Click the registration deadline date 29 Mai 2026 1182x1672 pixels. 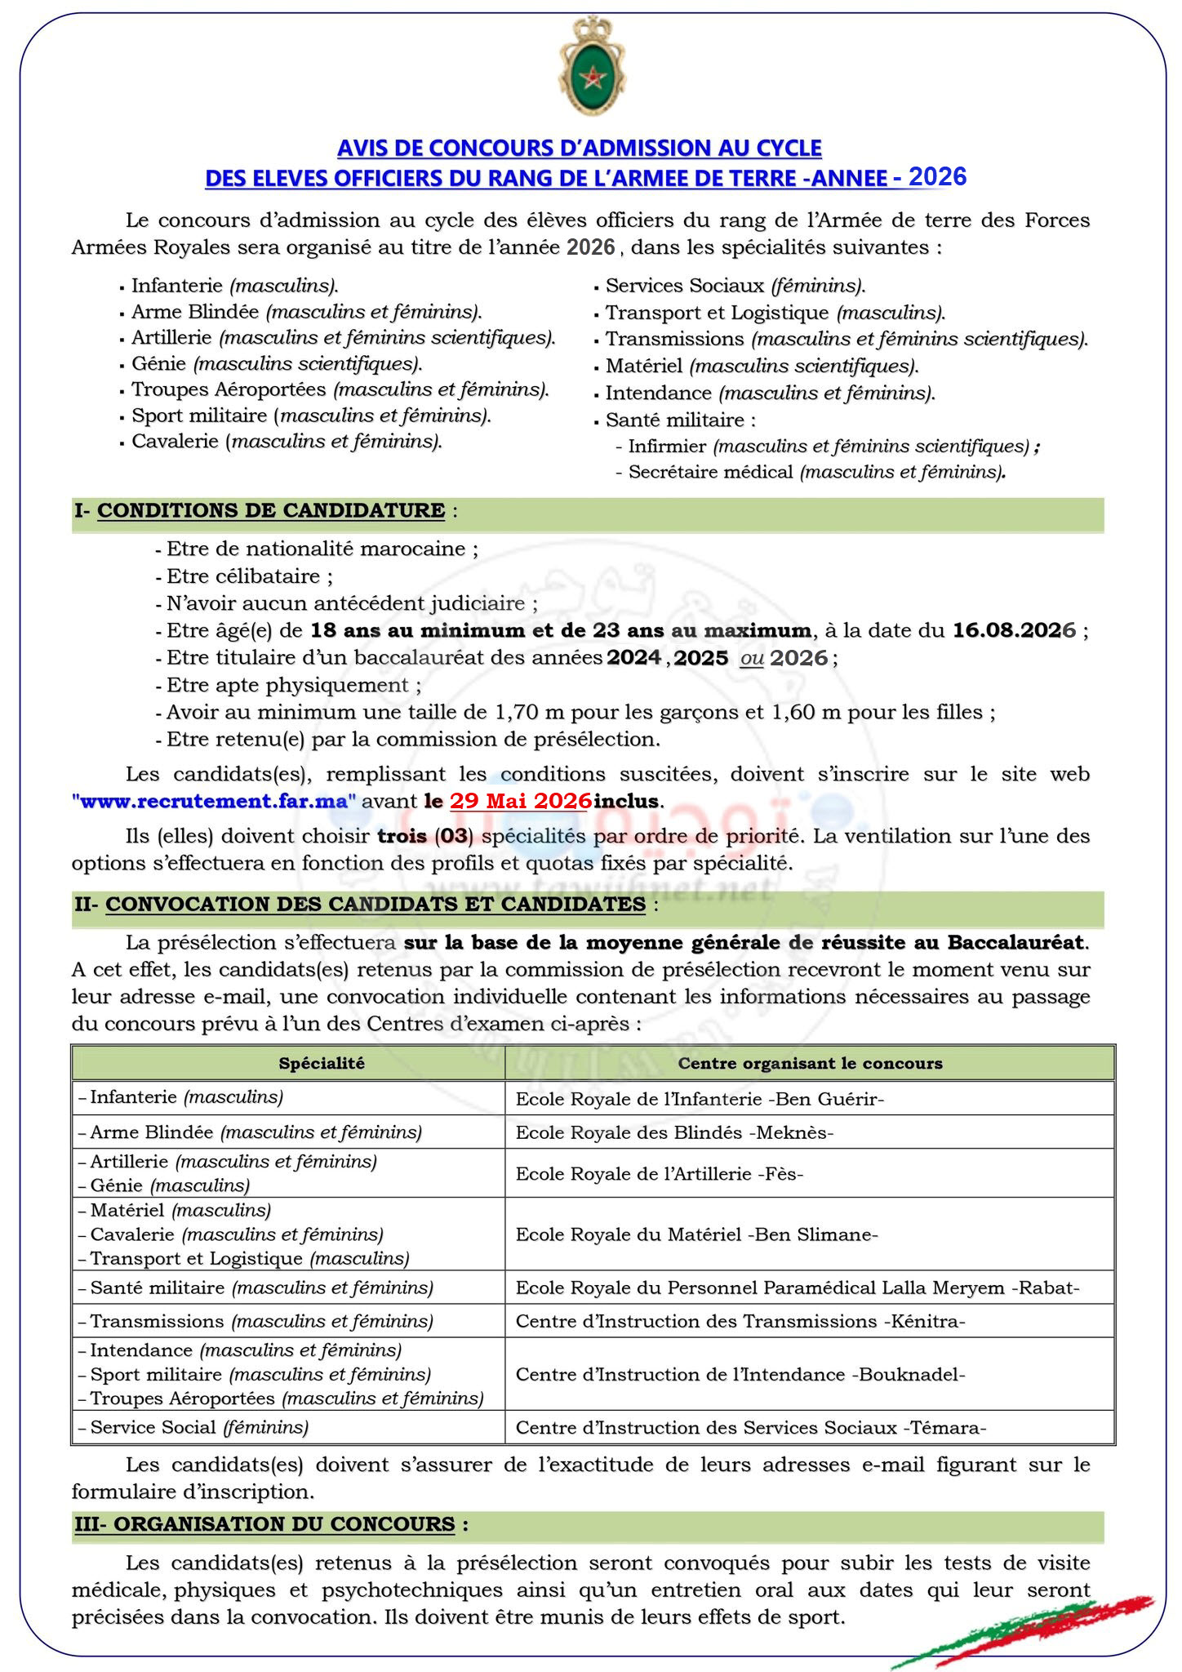click(x=520, y=801)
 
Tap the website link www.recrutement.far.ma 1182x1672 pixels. click(x=214, y=801)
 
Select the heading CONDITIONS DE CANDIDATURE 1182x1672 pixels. click(x=271, y=511)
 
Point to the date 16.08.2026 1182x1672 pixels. click(x=1014, y=631)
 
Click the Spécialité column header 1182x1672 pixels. click(x=322, y=1063)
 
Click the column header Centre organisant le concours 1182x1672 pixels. click(x=810, y=1063)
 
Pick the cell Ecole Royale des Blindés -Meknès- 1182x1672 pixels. click(x=674, y=1132)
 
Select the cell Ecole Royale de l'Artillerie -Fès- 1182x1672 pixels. click(x=660, y=1174)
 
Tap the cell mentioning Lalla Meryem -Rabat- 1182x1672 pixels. click(x=798, y=1287)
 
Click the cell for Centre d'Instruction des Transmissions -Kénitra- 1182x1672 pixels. click(x=740, y=1321)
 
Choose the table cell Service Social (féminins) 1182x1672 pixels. click(x=199, y=1427)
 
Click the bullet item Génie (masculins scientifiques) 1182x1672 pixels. click(x=277, y=364)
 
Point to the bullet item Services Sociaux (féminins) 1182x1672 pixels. click(x=735, y=286)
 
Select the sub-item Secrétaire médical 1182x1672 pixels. click(x=710, y=472)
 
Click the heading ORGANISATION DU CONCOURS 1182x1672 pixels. click(x=284, y=1524)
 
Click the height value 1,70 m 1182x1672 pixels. click(x=530, y=713)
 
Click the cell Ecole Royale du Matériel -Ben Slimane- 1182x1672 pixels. click(x=696, y=1234)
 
